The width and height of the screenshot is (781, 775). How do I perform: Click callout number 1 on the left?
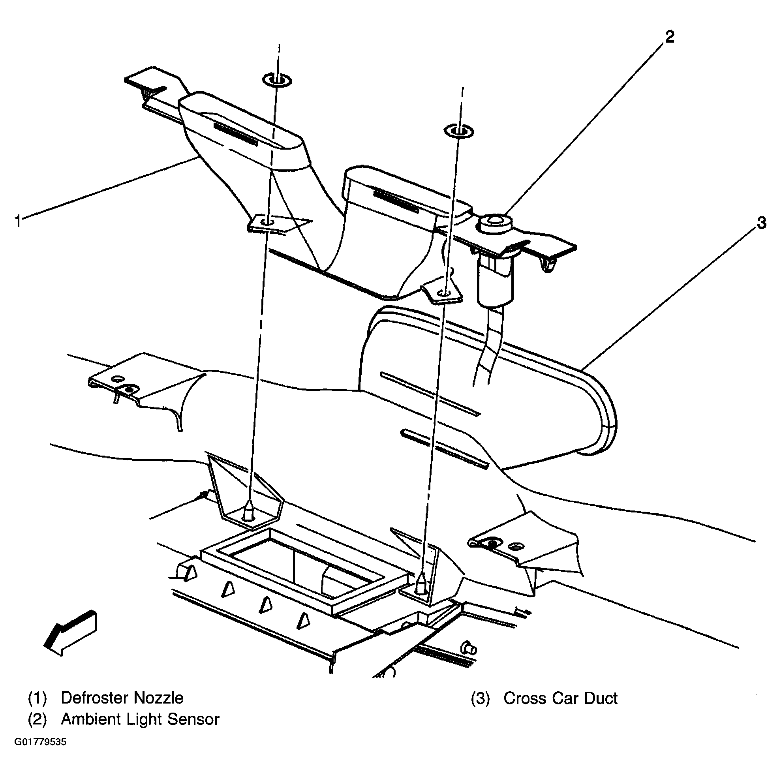17,221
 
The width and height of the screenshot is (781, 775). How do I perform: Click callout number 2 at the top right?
669,37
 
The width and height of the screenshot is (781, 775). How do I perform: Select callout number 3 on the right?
761,223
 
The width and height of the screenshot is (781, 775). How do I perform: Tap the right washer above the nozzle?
458,131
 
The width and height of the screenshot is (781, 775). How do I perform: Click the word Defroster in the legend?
96,698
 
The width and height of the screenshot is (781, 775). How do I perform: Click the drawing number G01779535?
40,742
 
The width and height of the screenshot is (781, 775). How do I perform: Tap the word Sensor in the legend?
193,719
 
